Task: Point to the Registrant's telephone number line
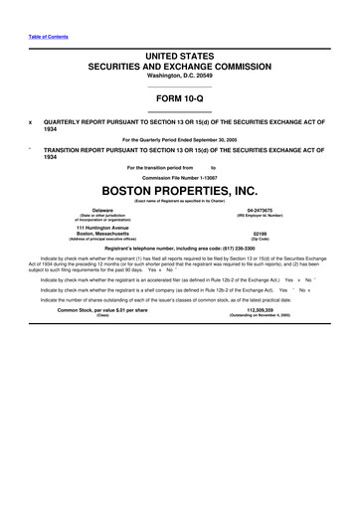click(x=180, y=249)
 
